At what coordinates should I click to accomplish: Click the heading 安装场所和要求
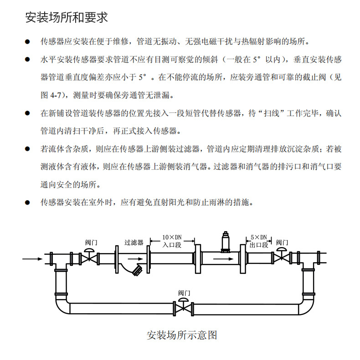[66, 17]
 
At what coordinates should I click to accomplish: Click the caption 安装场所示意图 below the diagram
[181, 335]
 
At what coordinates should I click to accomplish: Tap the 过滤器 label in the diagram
[134, 242]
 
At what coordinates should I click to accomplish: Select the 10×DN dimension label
[172, 237]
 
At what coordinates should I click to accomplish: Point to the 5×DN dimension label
[259, 237]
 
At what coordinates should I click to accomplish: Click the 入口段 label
[172, 244]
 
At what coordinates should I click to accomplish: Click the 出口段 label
[259, 244]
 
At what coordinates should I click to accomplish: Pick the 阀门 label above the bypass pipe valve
[184, 293]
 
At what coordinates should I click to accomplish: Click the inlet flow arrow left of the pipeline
[32, 259]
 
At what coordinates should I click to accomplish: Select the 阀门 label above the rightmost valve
[282, 242]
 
